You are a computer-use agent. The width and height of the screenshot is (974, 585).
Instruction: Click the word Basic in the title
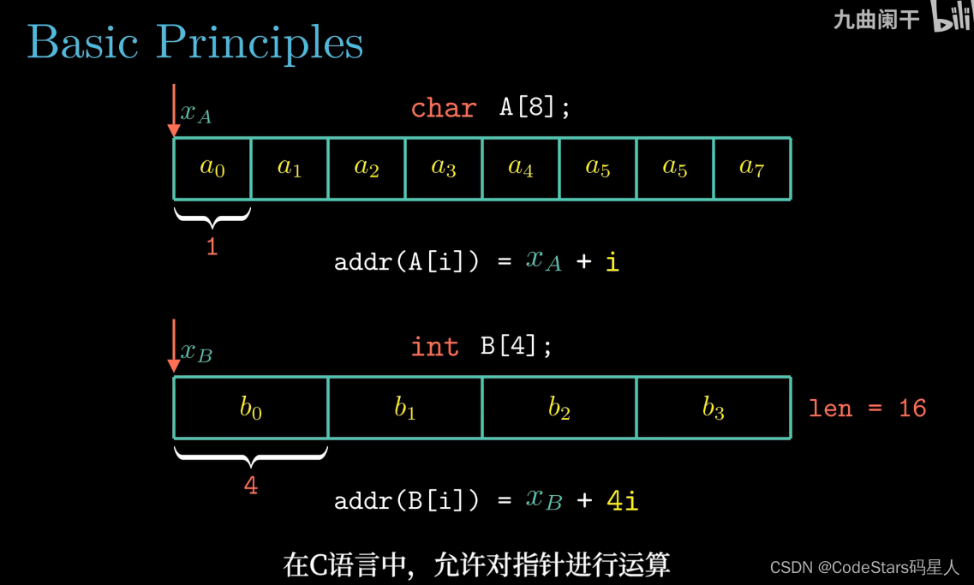tap(82, 41)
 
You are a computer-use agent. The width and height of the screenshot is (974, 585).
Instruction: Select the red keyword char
tap(443, 108)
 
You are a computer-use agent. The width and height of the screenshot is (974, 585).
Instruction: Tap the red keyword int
tap(434, 346)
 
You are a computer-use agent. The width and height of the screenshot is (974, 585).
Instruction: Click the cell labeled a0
tap(212, 168)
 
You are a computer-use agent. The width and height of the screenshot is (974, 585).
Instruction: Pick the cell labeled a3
tap(444, 168)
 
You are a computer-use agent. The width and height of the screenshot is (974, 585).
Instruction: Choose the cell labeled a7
tap(751, 168)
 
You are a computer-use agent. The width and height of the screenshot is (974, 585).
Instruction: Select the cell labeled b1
tap(405, 408)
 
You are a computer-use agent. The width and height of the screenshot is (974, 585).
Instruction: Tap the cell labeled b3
tap(714, 408)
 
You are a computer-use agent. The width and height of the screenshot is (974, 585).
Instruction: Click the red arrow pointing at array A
tap(174, 110)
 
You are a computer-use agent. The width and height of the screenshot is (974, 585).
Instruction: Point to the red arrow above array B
tap(174, 346)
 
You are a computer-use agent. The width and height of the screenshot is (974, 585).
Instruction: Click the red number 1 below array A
tap(212, 248)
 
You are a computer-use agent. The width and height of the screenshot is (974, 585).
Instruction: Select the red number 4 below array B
tap(250, 486)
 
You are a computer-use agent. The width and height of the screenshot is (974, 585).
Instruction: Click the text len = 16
tap(867, 408)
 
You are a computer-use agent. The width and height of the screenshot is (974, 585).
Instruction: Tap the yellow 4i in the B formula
tap(622, 500)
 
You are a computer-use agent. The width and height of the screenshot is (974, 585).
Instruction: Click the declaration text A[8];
tap(535, 108)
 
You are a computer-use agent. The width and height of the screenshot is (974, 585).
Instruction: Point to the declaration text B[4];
tap(516, 346)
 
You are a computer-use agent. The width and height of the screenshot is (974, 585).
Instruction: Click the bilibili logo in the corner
tap(951, 17)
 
